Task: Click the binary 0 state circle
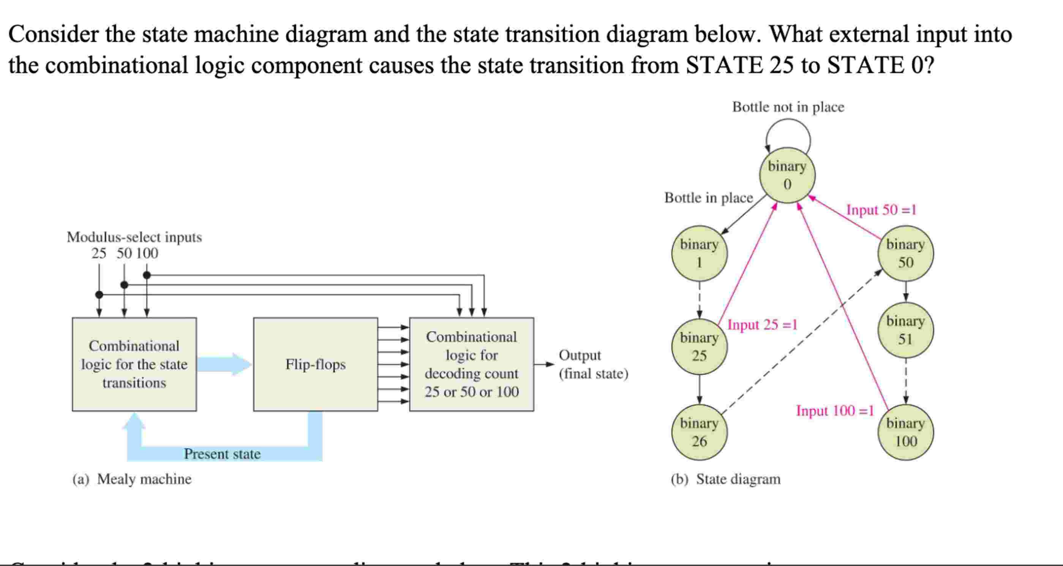click(x=787, y=175)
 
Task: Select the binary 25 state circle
click(x=699, y=347)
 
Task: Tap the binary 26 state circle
click(x=699, y=432)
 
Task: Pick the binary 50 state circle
click(x=905, y=253)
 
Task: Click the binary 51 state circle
click(x=905, y=330)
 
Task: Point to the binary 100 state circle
click(x=905, y=432)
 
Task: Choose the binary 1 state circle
click(x=699, y=253)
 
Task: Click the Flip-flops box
click(x=315, y=364)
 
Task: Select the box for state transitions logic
click(x=134, y=364)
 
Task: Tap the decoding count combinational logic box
click(x=471, y=364)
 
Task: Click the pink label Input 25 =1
click(x=762, y=324)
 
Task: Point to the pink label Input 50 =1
click(x=881, y=210)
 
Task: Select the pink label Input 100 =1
click(x=835, y=410)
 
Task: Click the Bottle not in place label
click(x=788, y=107)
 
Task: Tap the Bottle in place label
click(x=708, y=198)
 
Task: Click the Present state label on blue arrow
click(x=222, y=454)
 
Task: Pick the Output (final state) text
click(x=593, y=364)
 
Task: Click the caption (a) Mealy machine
click(x=132, y=479)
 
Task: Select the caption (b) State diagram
click(x=725, y=479)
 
